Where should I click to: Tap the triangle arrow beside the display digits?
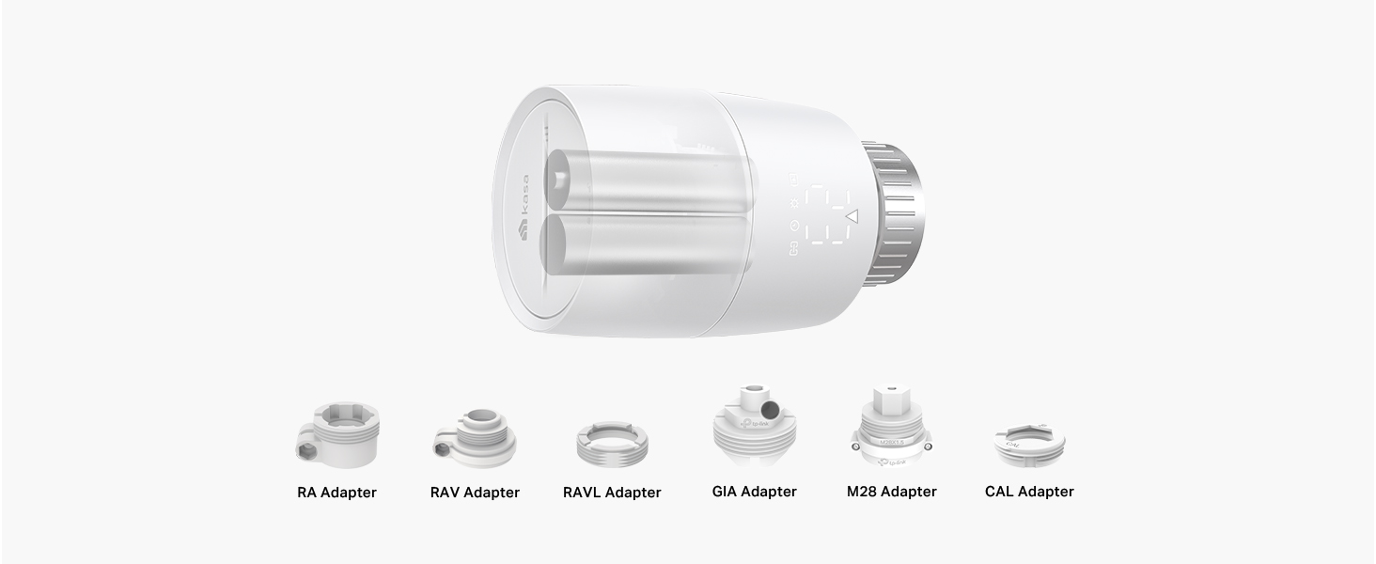pos(852,217)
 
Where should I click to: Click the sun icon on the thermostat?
pos(794,202)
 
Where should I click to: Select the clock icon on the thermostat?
pos(794,226)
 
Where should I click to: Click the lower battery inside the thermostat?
pos(649,247)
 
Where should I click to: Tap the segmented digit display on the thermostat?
pos(825,216)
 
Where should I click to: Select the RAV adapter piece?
pos(475,440)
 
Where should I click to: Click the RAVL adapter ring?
pos(611,443)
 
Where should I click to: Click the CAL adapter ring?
pos(1028,445)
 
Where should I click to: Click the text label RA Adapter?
pos(336,493)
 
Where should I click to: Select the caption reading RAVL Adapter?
pos(612,493)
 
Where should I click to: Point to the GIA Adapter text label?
pos(754,492)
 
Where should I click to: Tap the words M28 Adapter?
pos(891,492)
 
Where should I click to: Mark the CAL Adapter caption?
pos(1029,492)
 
